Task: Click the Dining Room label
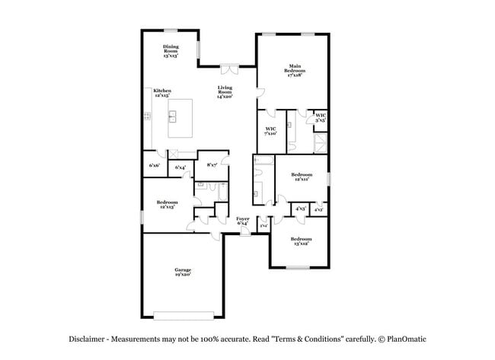pyautogui.click(x=170, y=50)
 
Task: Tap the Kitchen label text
pyautogui.click(x=162, y=93)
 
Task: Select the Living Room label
pyautogui.click(x=224, y=91)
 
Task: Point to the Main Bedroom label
pyautogui.click(x=295, y=71)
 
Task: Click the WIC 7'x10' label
pyautogui.click(x=270, y=131)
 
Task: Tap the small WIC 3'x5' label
pyautogui.click(x=321, y=117)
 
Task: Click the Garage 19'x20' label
pyautogui.click(x=182, y=272)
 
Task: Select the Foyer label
pyautogui.click(x=242, y=221)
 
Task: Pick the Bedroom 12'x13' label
pyautogui.click(x=167, y=204)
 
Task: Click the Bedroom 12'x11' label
pyautogui.click(x=302, y=177)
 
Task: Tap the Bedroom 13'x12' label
pyautogui.click(x=300, y=241)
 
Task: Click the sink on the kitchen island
pyautogui.click(x=174, y=116)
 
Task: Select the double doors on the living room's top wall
pyautogui.click(x=227, y=69)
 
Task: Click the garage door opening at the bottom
pyautogui.click(x=189, y=315)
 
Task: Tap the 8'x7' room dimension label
pyautogui.click(x=212, y=164)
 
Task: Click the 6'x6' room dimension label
pyautogui.click(x=154, y=165)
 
